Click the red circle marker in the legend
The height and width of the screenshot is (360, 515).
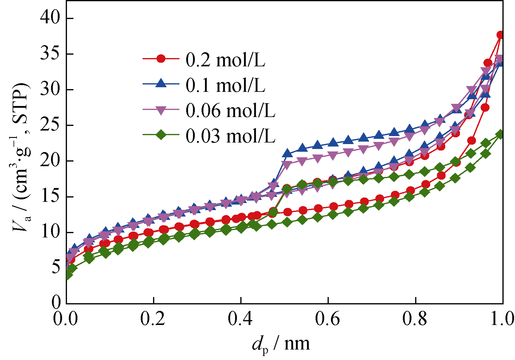(x=161, y=58)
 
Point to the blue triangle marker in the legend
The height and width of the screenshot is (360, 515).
(x=161, y=83)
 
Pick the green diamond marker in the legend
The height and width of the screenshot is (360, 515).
(x=161, y=135)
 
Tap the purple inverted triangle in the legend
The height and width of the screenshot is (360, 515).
(x=161, y=110)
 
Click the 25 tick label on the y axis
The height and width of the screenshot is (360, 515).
(x=51, y=125)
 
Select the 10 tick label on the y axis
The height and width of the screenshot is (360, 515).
(x=51, y=232)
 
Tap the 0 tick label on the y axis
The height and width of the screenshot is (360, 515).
(x=57, y=303)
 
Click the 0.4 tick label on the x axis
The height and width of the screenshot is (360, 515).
(x=240, y=319)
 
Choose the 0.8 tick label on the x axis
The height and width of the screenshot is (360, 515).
(x=415, y=319)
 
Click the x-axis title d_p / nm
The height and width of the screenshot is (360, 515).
(x=281, y=344)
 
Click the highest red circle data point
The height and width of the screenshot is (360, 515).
(x=501, y=35)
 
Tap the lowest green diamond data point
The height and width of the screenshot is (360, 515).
(x=68, y=275)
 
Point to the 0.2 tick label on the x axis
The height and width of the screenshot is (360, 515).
(x=153, y=319)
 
